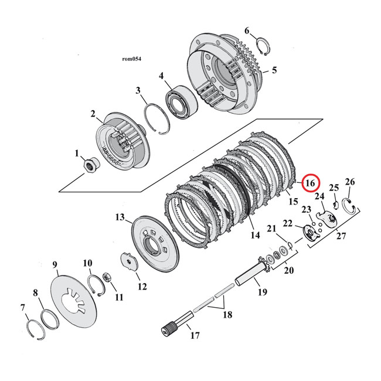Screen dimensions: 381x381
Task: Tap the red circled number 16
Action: click(310, 183)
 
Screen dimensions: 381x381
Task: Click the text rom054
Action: click(132, 59)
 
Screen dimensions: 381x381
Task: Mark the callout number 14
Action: click(255, 234)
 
